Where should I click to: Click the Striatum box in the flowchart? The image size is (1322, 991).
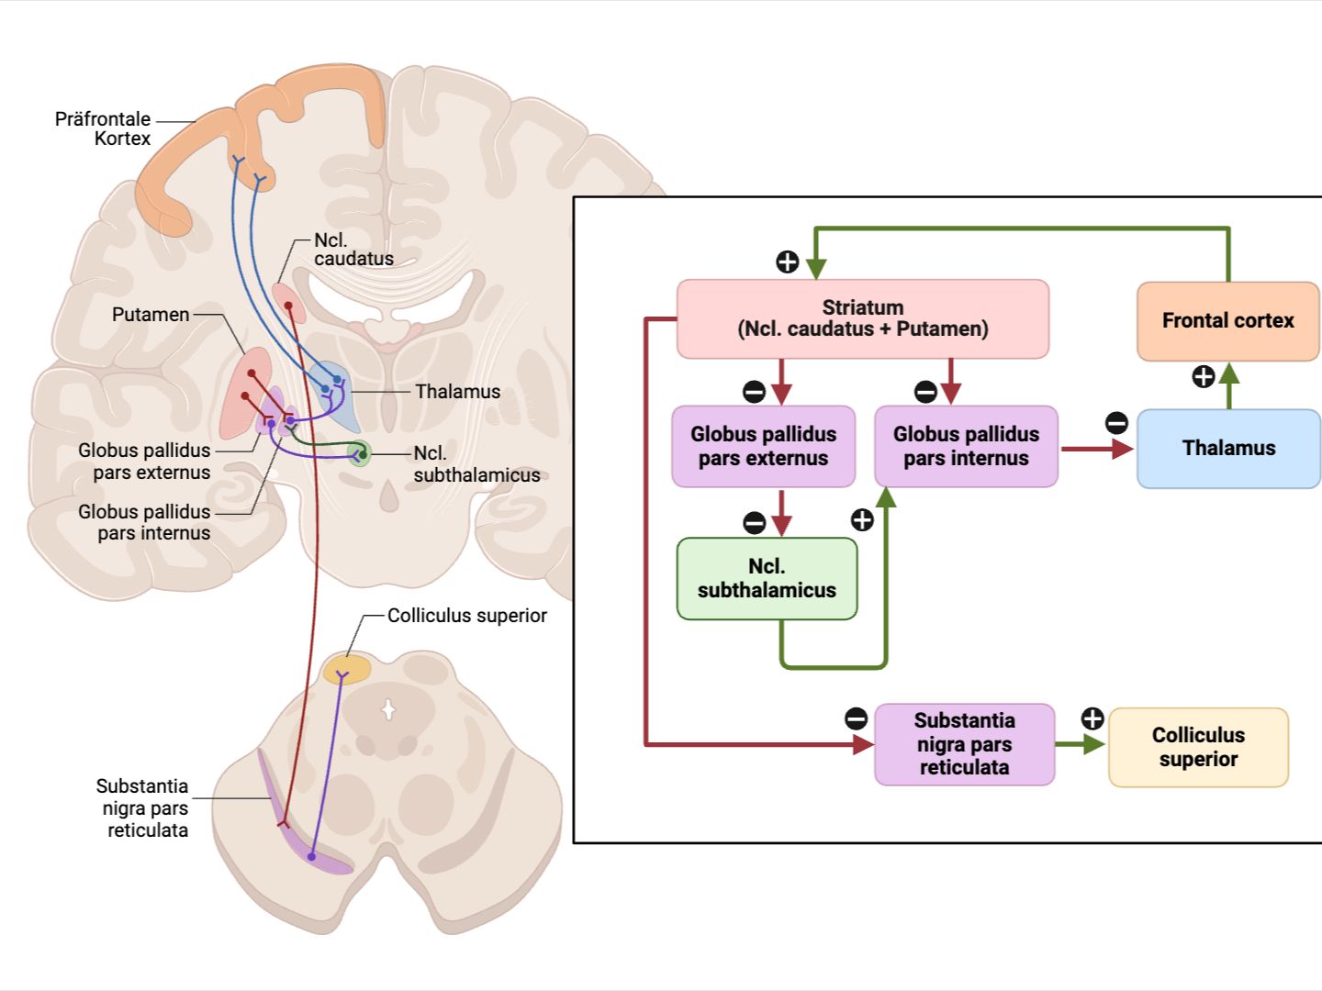862,318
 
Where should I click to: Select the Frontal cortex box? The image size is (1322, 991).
1227,321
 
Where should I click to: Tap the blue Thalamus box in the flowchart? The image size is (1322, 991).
1228,448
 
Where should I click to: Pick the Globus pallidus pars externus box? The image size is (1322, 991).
763,446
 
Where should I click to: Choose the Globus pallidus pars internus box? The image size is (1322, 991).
966,446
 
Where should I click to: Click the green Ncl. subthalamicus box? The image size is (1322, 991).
767,578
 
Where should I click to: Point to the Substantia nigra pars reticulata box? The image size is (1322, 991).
964,744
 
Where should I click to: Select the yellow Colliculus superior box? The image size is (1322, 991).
1198,747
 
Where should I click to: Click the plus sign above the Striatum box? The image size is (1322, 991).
788,262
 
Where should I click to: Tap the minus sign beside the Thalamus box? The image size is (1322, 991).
1116,423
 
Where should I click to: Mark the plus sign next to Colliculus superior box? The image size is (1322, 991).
1092,718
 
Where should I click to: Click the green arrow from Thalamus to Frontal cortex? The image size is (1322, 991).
1229,385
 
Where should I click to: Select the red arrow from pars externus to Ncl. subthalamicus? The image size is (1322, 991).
781,512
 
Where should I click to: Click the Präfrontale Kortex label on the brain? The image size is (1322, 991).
103,128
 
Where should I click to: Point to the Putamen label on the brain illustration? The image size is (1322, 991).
151,315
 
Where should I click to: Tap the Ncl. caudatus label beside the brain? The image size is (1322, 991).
353,250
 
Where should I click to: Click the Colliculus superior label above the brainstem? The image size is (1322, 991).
466,616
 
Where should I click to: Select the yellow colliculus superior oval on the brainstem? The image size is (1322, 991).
347,669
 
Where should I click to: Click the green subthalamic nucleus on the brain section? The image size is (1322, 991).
359,453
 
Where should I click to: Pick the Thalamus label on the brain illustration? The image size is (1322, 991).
457,392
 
